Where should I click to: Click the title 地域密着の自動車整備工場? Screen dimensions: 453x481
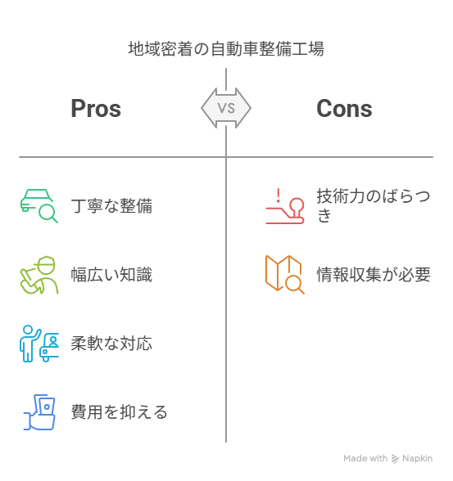coord(226,49)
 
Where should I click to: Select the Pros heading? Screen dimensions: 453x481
coord(96,109)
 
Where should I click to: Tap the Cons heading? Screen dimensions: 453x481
coord(344,109)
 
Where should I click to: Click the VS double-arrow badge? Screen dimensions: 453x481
coord(226,108)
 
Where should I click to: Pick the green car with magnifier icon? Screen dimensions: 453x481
coord(39,206)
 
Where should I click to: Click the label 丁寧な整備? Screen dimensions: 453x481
coord(111,205)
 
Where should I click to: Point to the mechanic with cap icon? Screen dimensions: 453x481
coord(39,275)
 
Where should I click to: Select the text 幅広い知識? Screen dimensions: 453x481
coord(111,274)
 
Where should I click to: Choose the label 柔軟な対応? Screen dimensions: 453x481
coord(111,343)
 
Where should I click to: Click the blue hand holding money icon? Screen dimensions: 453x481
coord(39,412)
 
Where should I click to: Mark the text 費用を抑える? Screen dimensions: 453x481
coord(120,411)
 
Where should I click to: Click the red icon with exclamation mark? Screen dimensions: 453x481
coord(285,206)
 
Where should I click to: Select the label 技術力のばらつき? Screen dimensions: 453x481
coord(374,205)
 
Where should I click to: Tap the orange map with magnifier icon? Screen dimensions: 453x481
coord(285,275)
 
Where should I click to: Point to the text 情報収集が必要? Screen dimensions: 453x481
coord(374,274)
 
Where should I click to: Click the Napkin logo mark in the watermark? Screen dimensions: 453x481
coord(395,459)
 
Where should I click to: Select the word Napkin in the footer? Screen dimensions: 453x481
coord(418,458)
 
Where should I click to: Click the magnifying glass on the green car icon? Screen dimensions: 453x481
coord(48,214)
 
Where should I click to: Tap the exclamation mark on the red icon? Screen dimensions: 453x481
coord(279,196)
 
